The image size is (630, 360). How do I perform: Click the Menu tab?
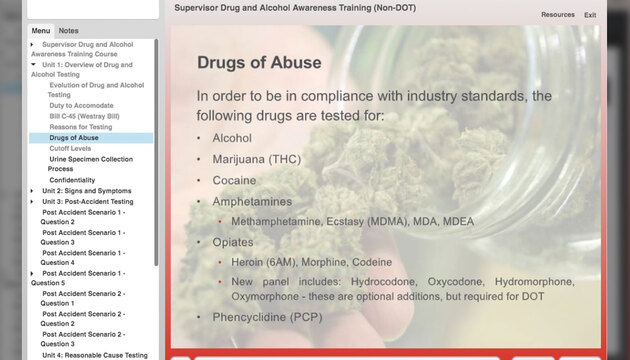(41, 31)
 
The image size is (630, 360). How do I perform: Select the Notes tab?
(68, 31)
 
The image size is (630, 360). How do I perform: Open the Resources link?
(557, 15)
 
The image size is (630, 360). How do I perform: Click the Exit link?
(590, 15)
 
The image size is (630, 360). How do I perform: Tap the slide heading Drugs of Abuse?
(259, 63)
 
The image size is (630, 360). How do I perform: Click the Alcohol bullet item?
(232, 139)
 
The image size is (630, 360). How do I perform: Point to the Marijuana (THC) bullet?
(256, 160)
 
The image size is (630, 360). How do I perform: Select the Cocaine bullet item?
(234, 181)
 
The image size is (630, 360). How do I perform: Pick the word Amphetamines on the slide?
(252, 202)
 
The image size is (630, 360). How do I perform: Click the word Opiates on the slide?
(233, 242)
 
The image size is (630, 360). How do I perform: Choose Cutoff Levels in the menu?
(70, 148)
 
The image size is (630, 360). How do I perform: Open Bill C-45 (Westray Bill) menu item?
(85, 116)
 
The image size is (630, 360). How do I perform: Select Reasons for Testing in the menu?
(81, 127)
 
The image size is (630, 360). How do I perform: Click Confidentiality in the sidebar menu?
(72, 180)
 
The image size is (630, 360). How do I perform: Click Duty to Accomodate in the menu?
(82, 105)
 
